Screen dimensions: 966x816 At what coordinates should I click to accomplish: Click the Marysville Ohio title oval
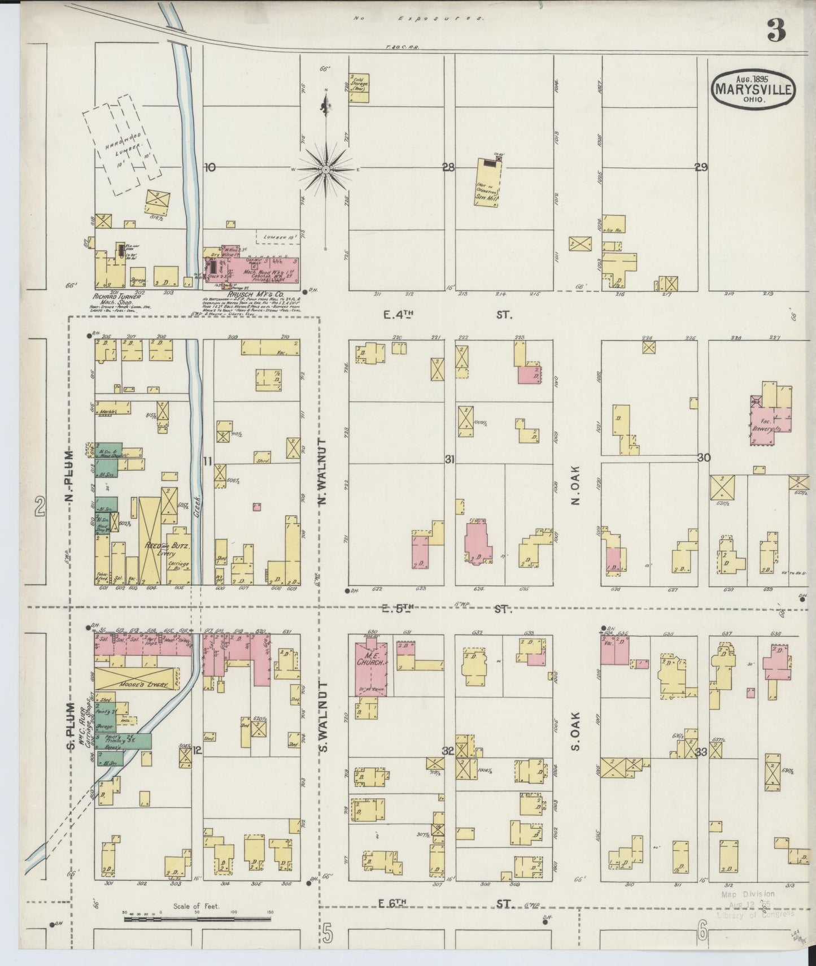[754, 89]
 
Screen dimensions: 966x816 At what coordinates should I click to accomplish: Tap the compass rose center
[326, 169]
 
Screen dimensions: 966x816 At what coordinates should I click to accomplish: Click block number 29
[701, 168]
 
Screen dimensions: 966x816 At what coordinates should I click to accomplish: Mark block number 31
[450, 460]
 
